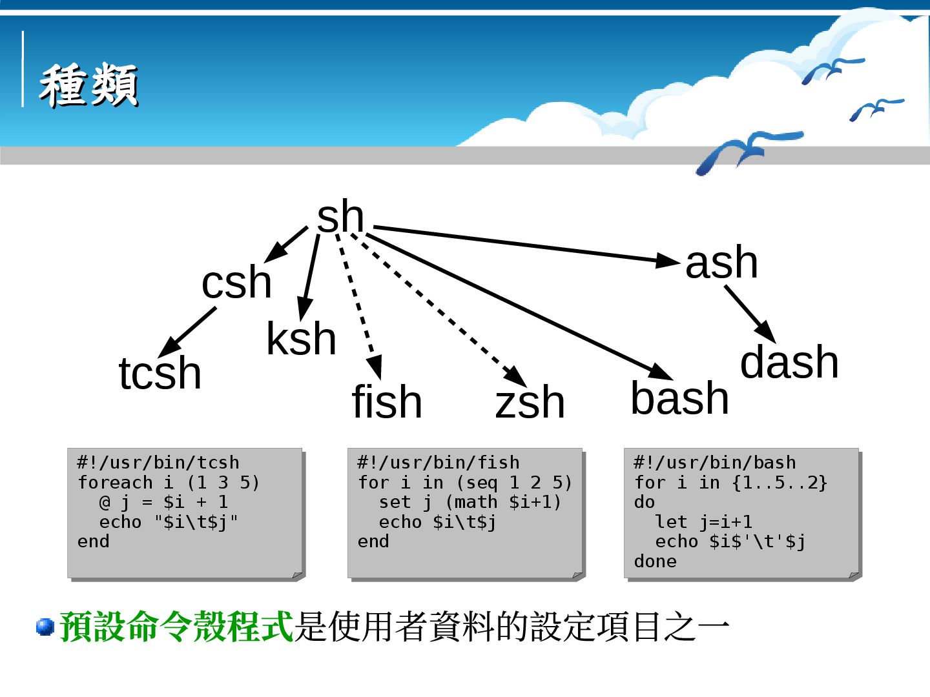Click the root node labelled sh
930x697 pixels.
pyautogui.click(x=340, y=217)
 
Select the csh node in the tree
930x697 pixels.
pyautogui.click(x=236, y=283)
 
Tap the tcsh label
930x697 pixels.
pyautogui.click(x=160, y=373)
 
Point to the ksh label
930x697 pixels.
pyautogui.click(x=301, y=339)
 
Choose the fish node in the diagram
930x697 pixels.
pyautogui.click(x=387, y=401)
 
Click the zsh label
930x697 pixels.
pyautogui.click(x=530, y=401)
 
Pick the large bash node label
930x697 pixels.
pyautogui.click(x=679, y=398)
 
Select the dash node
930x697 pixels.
pyautogui.click(x=789, y=362)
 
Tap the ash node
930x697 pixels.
pyautogui.click(x=721, y=263)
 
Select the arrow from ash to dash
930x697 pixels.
pyautogui.click(x=749, y=314)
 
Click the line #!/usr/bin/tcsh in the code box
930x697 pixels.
pyautogui.click(x=158, y=463)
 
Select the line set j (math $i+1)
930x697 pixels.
pyautogui.click(x=470, y=502)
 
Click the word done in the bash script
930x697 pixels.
pyautogui.click(x=655, y=561)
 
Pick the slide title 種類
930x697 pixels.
pyautogui.click(x=88, y=85)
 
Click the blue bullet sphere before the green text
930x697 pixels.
pyautogui.click(x=45, y=627)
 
